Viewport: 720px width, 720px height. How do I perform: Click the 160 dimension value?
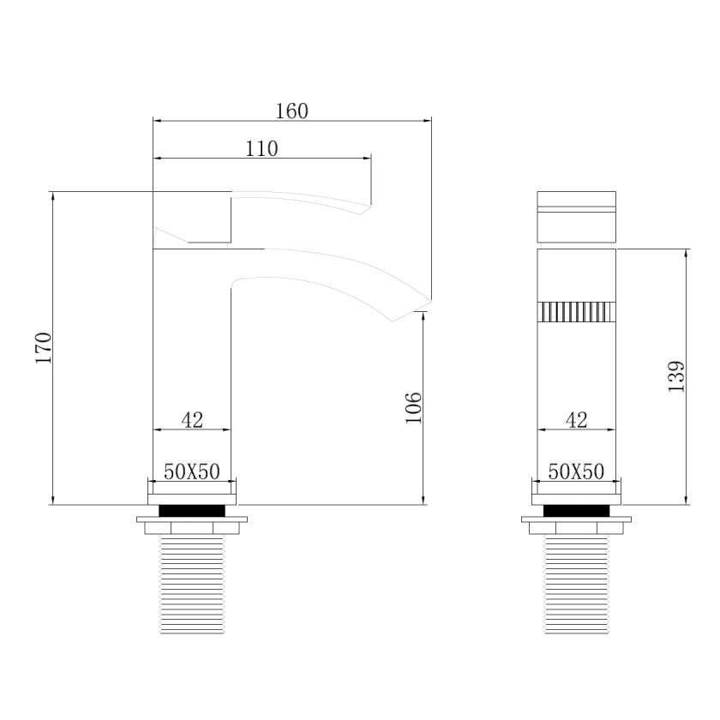tap(292, 111)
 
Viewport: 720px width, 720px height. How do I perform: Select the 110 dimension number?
tap(261, 149)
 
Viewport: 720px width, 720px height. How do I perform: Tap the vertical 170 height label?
tap(44, 348)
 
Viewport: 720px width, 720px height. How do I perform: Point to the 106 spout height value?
tap(413, 407)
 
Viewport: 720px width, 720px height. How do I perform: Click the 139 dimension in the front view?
tap(676, 376)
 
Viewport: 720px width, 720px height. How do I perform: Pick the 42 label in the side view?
tap(192, 420)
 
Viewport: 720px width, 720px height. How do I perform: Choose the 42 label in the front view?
tap(577, 420)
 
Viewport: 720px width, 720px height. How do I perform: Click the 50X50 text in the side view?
tap(192, 471)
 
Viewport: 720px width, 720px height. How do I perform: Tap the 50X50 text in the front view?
tap(576, 471)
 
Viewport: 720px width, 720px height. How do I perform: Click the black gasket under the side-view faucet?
tap(192, 510)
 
